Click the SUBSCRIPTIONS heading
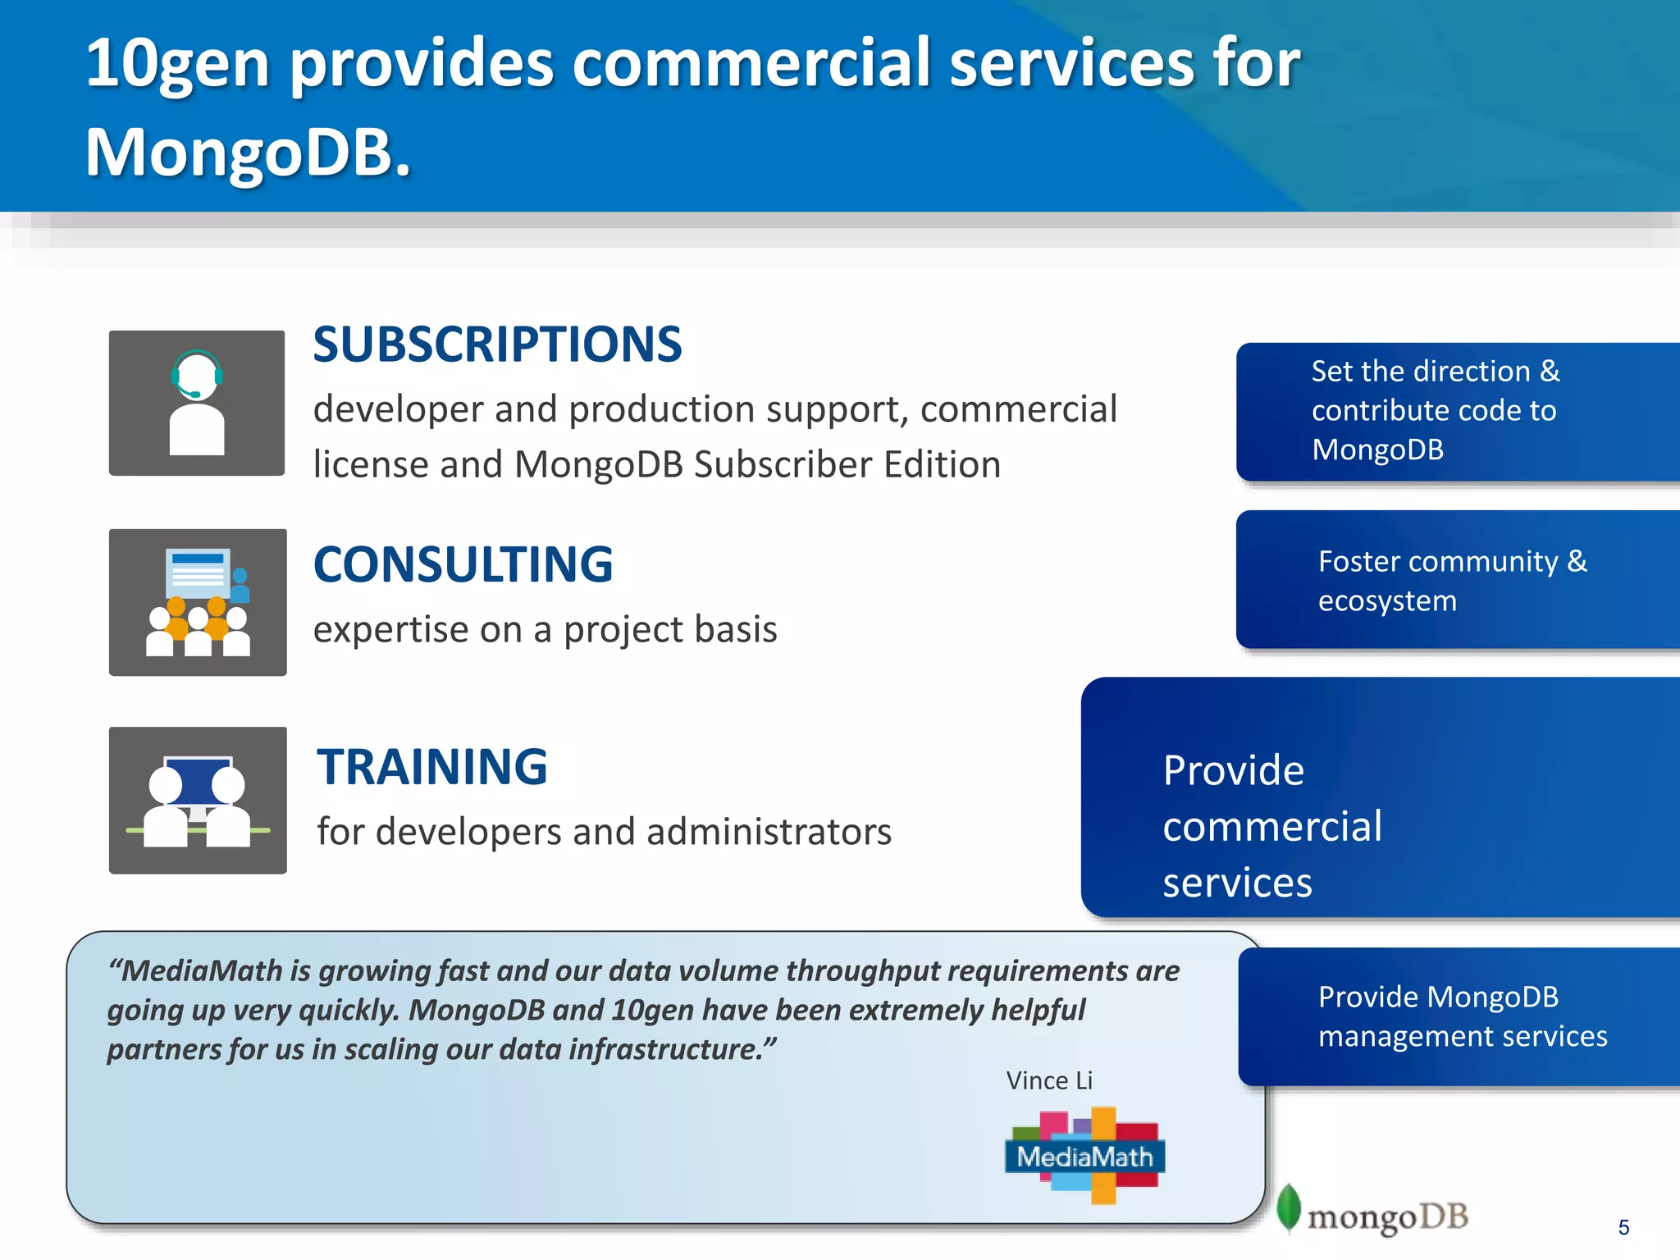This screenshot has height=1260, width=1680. [497, 344]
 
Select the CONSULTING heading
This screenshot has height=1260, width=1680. [463, 564]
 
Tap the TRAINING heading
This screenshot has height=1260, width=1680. [432, 767]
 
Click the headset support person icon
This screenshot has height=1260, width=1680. [197, 403]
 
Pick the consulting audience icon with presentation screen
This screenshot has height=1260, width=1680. [198, 602]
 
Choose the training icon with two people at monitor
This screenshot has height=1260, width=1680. [198, 800]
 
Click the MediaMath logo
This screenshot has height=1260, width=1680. [1084, 1156]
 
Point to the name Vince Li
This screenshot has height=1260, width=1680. [1049, 1080]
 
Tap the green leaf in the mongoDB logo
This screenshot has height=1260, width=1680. [1289, 1207]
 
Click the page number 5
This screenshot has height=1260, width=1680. [1623, 1227]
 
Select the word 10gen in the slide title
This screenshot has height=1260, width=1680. [177, 64]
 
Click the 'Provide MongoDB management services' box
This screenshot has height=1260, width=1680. [1460, 1016]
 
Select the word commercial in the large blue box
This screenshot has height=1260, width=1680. [1272, 826]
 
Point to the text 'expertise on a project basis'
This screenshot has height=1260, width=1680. [545, 630]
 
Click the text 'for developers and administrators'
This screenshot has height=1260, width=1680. [604, 832]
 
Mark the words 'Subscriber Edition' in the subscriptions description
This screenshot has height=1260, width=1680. [847, 465]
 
